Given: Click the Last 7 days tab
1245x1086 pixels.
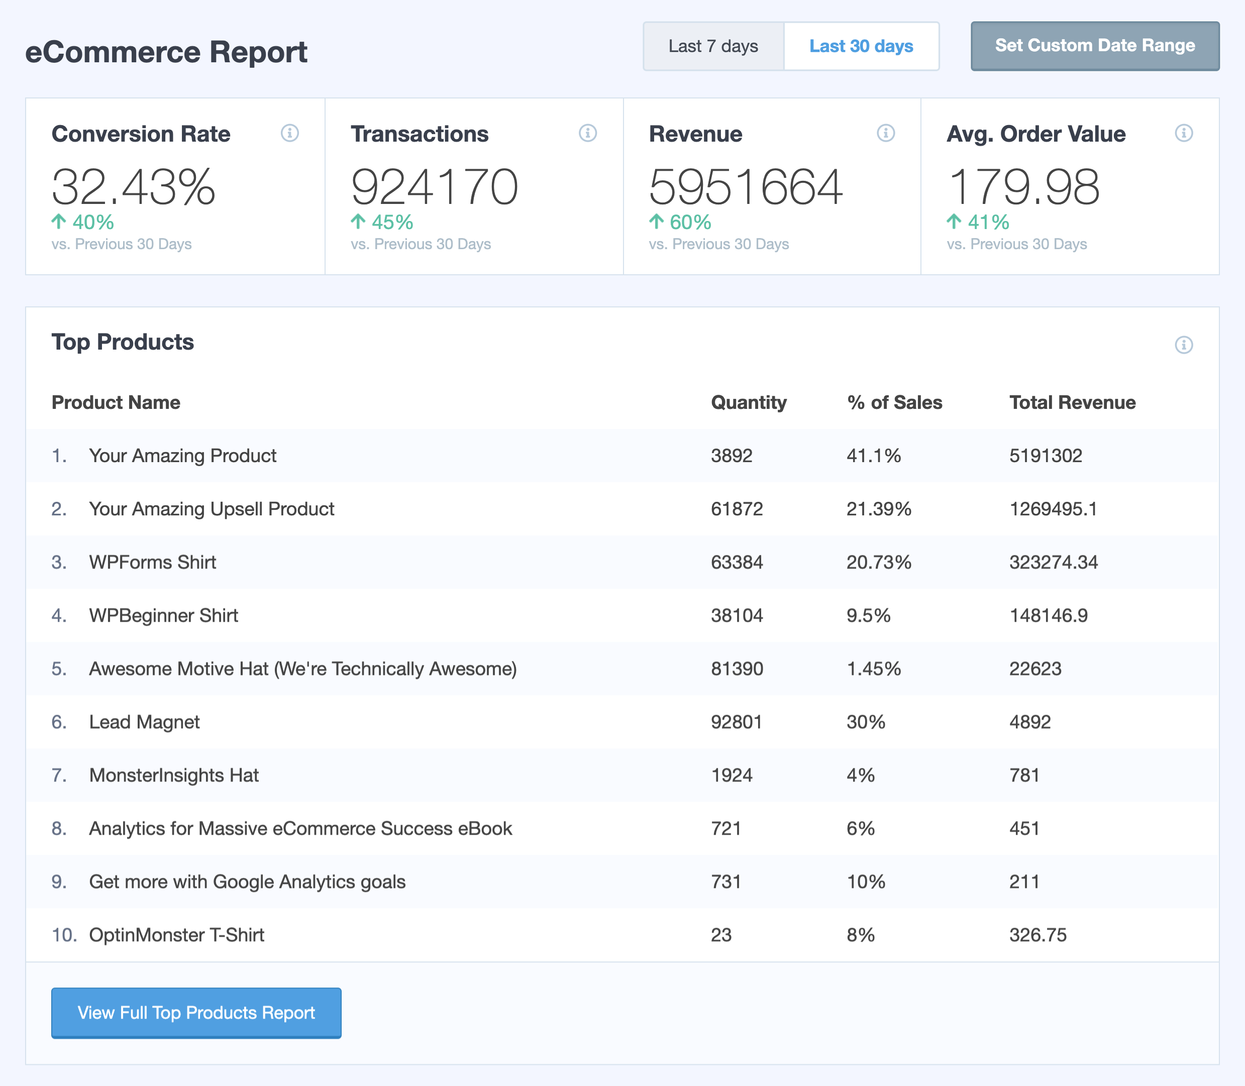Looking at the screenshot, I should point(713,46).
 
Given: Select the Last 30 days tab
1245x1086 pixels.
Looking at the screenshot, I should point(861,46).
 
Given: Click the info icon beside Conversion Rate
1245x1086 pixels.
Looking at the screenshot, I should point(290,133).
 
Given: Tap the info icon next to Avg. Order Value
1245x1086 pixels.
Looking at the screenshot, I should point(1183,133).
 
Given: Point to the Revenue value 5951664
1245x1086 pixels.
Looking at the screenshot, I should point(745,187).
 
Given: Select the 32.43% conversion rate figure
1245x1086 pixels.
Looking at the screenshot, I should point(133,187).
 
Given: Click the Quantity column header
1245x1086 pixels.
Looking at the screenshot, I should point(749,402).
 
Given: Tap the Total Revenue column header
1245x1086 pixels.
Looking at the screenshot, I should point(1072,402).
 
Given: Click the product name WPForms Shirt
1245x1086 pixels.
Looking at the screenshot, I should point(152,563).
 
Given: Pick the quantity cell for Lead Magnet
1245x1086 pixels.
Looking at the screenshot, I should point(736,722).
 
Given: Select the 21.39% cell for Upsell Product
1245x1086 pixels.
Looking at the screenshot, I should point(878,509).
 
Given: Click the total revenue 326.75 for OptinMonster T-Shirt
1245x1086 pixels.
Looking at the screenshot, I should point(1037,935).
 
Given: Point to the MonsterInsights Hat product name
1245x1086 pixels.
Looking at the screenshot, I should point(173,775).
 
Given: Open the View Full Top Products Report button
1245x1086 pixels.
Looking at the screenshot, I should point(196,1013).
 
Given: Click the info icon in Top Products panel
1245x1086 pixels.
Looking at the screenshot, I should point(1183,345).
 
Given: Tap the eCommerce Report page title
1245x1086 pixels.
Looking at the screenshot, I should point(166,52).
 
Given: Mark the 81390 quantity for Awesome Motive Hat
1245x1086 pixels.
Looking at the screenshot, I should point(737,669).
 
